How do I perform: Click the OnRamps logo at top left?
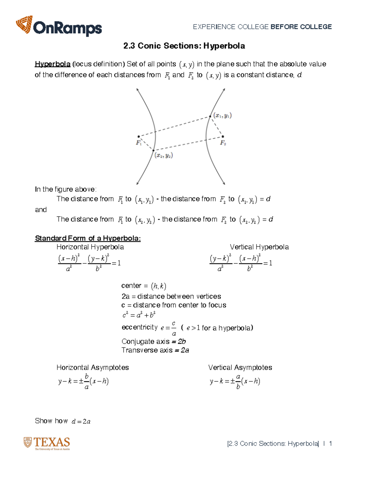coord(59,27)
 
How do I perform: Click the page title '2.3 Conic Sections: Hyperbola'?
coord(184,46)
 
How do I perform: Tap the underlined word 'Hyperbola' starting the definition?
coord(52,64)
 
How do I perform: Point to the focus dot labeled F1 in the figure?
coord(139,136)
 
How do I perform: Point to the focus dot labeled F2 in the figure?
coord(223,136)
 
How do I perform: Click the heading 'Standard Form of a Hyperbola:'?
coord(88,238)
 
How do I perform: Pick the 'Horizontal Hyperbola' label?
coord(90,247)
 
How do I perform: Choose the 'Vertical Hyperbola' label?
coord(259,247)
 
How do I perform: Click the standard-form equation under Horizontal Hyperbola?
coord(89,263)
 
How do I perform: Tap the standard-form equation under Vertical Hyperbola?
coord(241,263)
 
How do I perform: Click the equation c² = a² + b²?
coord(139,315)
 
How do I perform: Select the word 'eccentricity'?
coord(140,327)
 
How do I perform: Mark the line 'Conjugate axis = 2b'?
coord(154,342)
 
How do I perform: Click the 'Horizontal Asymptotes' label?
coord(93,368)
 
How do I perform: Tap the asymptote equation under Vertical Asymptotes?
coord(235,382)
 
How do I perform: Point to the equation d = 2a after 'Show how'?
coord(81,421)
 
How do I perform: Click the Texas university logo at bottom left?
coord(47,444)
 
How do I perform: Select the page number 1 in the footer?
coord(330,444)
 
